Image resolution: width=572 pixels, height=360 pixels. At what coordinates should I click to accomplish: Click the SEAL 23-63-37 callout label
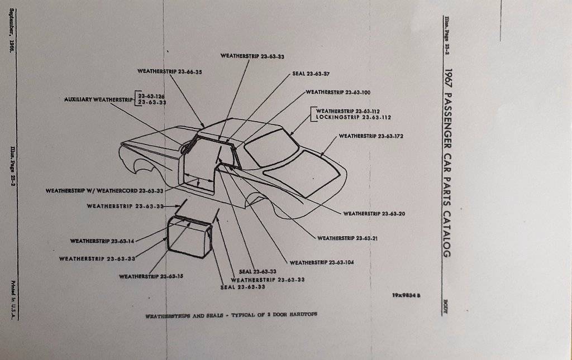pyautogui.click(x=311, y=74)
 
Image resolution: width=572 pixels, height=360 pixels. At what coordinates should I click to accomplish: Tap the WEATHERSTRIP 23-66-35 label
pyautogui.click(x=170, y=71)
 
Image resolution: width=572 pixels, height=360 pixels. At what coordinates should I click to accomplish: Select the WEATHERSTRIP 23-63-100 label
pyautogui.click(x=338, y=92)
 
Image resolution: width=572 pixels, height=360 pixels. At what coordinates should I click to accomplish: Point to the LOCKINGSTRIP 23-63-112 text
pyautogui.click(x=354, y=117)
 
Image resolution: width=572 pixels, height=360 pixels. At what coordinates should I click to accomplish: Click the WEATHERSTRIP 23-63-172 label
pyautogui.click(x=371, y=136)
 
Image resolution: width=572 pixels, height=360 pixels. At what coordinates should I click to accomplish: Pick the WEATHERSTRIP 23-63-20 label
pyautogui.click(x=374, y=213)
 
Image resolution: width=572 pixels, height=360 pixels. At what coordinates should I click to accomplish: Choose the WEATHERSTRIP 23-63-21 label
pyautogui.click(x=347, y=238)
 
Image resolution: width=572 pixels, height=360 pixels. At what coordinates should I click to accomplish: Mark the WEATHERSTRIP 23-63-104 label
pyautogui.click(x=321, y=262)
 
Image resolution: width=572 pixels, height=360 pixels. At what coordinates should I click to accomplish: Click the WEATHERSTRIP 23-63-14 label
pyautogui.click(x=102, y=241)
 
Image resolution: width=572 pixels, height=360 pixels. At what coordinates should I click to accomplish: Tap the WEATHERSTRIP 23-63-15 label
pyautogui.click(x=151, y=276)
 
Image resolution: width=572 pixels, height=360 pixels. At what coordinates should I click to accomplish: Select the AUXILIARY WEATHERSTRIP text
pyautogui.click(x=98, y=99)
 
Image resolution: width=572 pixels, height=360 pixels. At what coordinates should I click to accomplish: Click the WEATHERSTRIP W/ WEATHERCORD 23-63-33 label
pyautogui.click(x=104, y=191)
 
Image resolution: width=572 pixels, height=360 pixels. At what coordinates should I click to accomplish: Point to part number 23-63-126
pyautogui.click(x=151, y=95)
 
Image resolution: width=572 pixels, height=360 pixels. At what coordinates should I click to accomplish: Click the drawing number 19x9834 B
pyautogui.click(x=406, y=295)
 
